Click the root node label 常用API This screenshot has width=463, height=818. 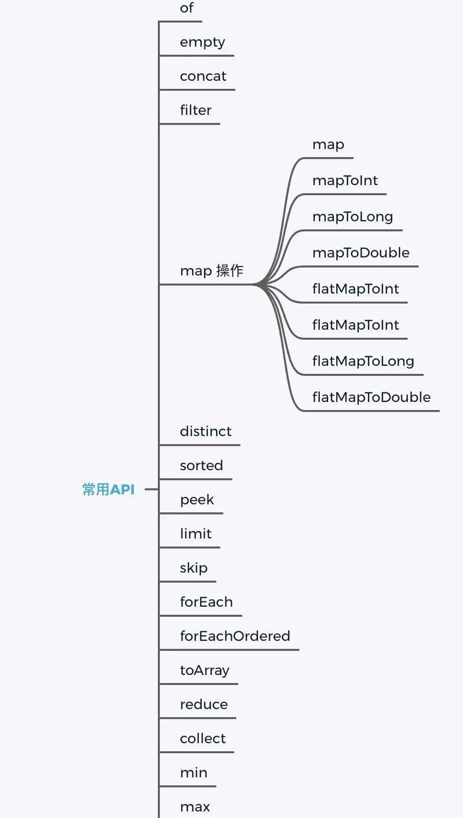pos(108,489)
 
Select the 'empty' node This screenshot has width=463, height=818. pos(202,42)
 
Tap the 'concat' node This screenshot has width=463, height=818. pos(203,76)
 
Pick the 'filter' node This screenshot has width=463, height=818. pos(195,110)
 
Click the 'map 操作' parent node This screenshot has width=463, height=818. pos(211,271)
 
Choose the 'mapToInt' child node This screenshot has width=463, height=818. pos(345,181)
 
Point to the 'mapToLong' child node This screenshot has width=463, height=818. pos(352,217)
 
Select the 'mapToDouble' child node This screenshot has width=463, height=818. pos(361,253)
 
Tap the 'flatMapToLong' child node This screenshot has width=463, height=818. pos(363,361)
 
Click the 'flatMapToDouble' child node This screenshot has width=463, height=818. pos(371,397)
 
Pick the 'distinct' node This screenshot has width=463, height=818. pos(205,432)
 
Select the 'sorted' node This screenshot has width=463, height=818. pos(201,466)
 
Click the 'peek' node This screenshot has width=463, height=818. pos(196,500)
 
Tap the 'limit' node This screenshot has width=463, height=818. pos(195,534)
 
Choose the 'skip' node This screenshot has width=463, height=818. pos(193,568)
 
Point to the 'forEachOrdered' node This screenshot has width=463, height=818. pos(235,636)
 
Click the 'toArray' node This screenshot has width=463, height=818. pos(204,670)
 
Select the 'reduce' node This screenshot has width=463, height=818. pos(203,705)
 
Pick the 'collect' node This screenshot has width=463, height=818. pos(202,739)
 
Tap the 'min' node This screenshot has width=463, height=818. pos(193,773)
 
